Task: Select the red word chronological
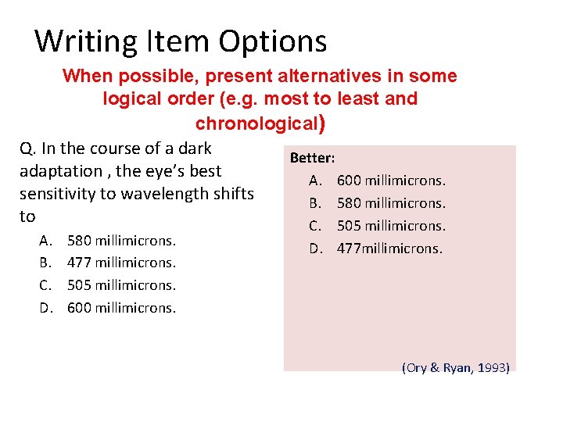click(x=256, y=123)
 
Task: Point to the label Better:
click(x=312, y=158)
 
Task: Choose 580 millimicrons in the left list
click(x=121, y=240)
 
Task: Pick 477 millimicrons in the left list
click(x=121, y=263)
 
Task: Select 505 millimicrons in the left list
click(x=121, y=285)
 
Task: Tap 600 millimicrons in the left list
click(x=121, y=308)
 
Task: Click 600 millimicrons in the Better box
click(x=391, y=181)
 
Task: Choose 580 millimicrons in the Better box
click(x=391, y=203)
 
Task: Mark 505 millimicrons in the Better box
click(x=391, y=226)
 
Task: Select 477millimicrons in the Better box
click(x=389, y=249)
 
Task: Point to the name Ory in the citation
click(x=416, y=367)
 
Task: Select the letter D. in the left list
click(x=47, y=308)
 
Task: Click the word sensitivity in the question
click(x=57, y=193)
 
